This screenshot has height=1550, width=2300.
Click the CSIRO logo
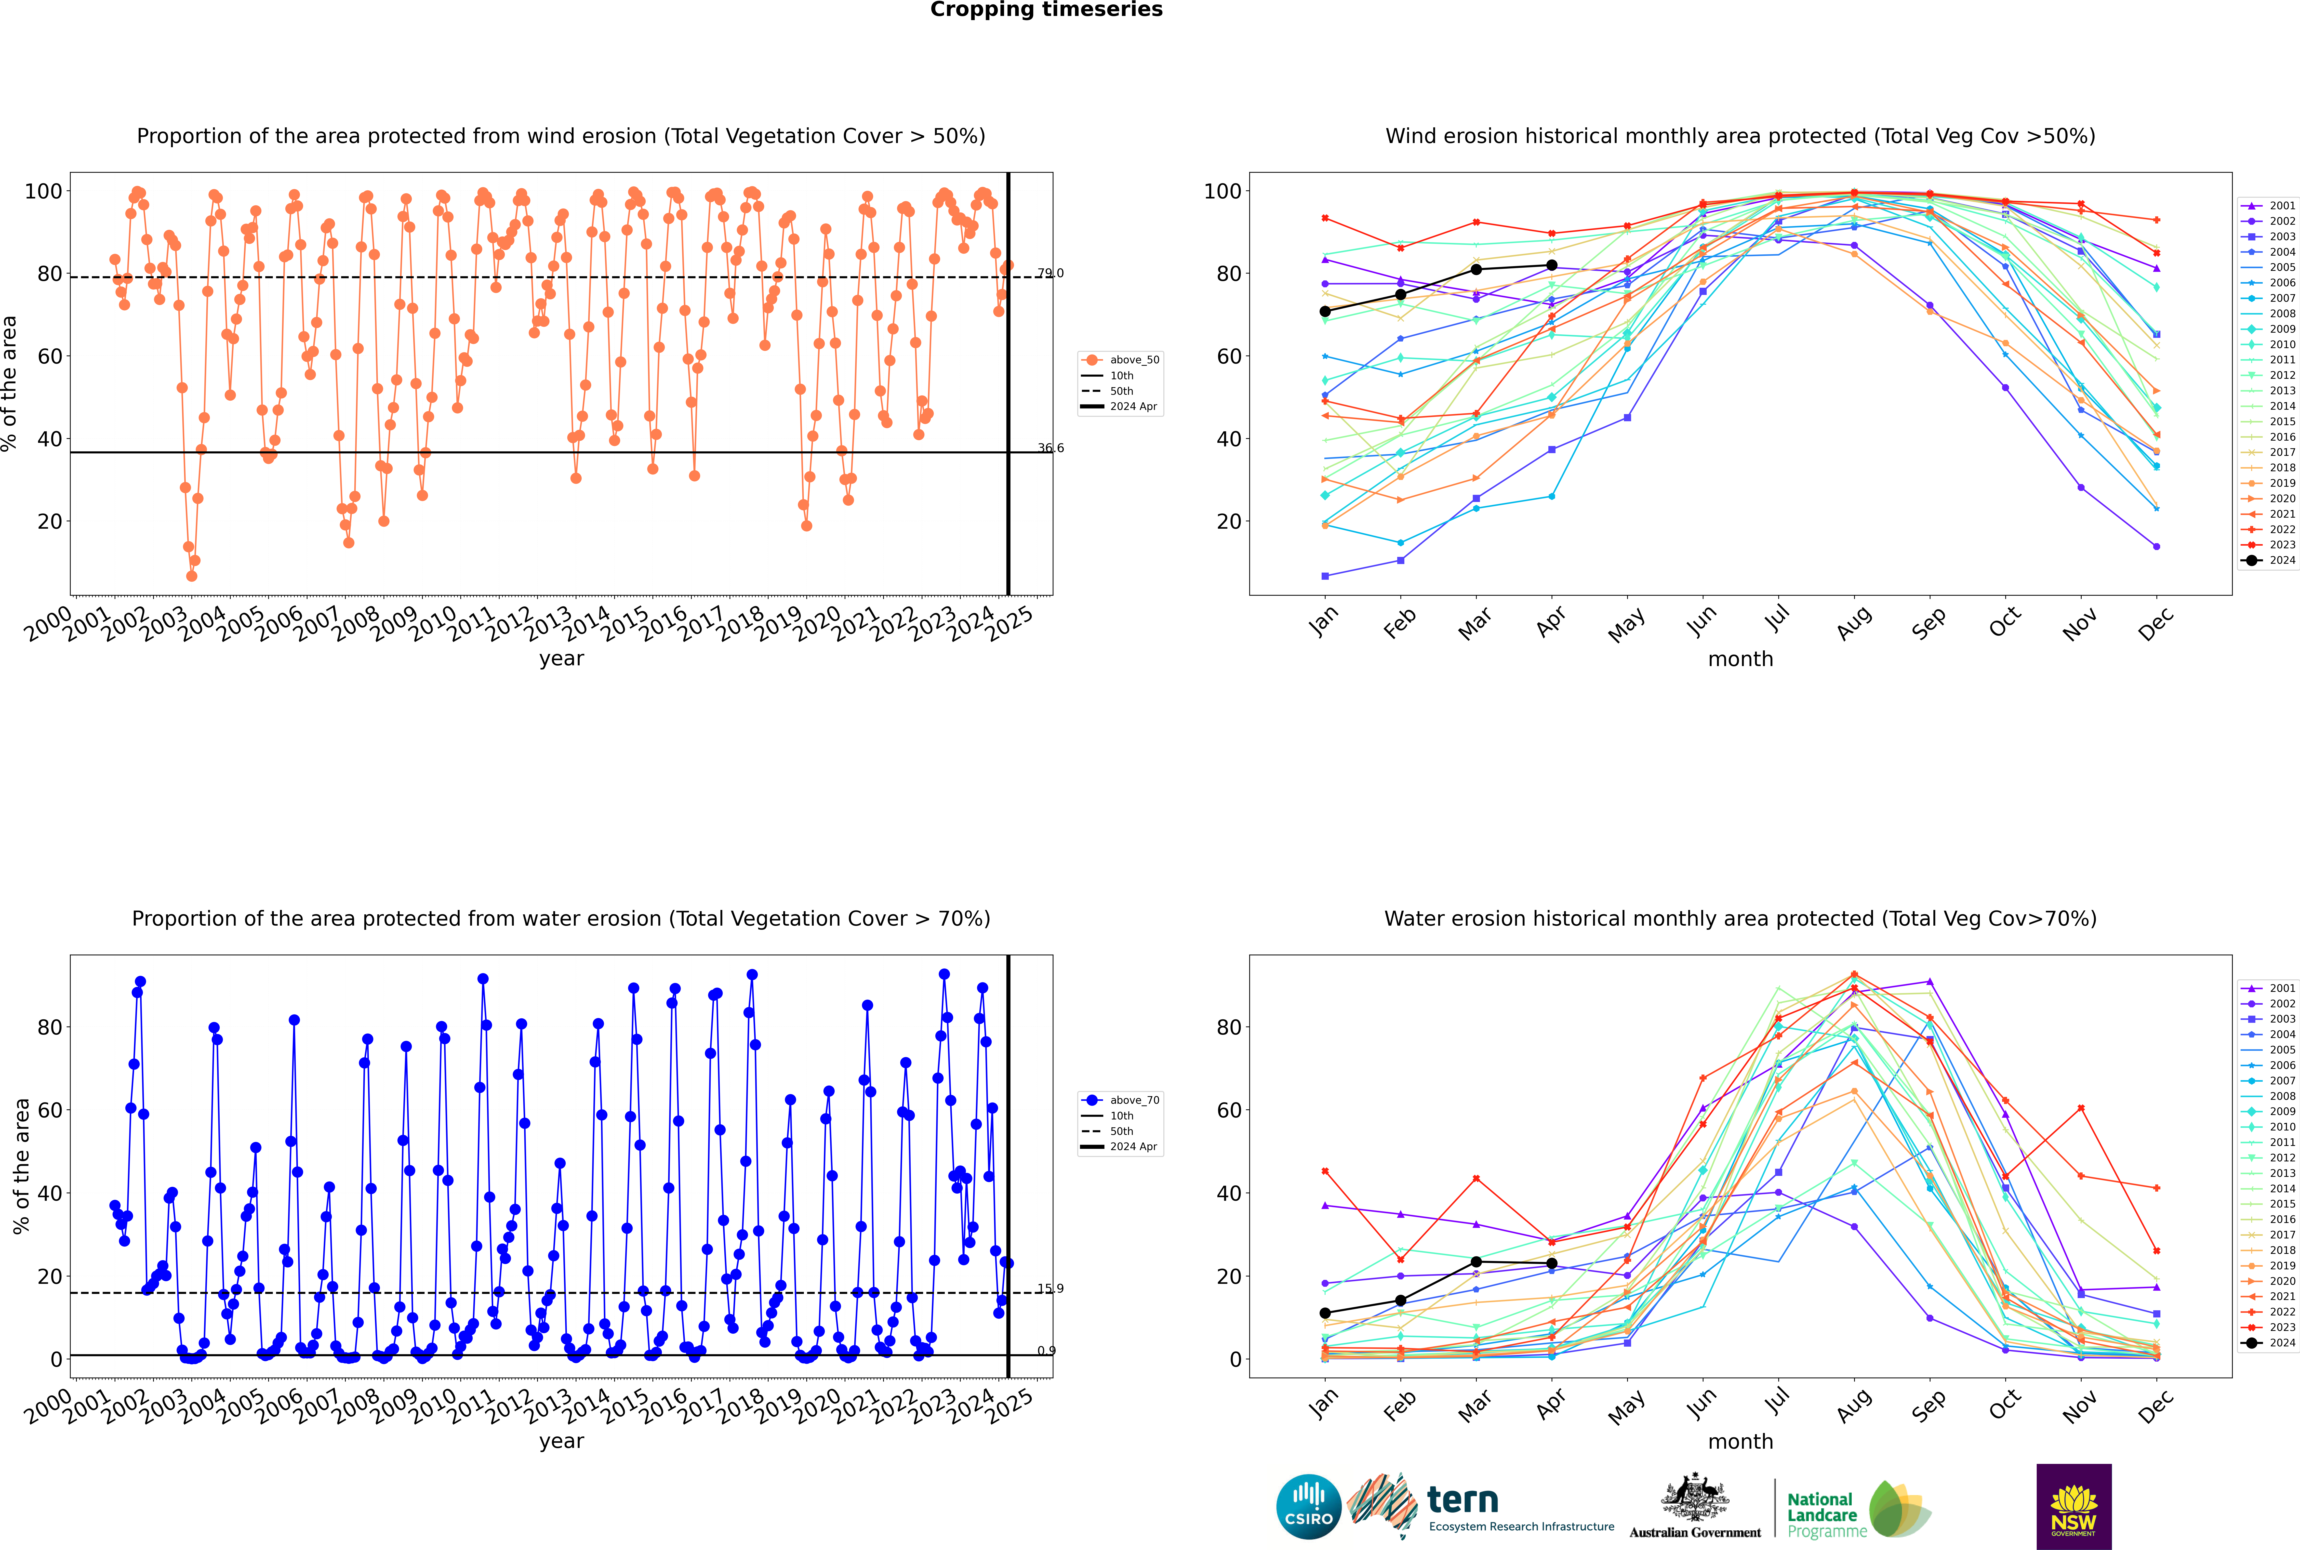pyautogui.click(x=1308, y=1507)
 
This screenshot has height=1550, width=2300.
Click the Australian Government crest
pyautogui.click(x=1695, y=1505)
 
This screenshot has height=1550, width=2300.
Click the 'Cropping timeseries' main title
pyautogui.click(x=1046, y=10)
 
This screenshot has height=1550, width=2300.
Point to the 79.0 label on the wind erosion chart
pyautogui.click(x=1050, y=273)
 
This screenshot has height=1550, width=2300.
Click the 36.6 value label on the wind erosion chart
pyautogui.click(x=1050, y=448)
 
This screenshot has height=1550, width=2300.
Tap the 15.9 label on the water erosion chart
pyautogui.click(x=1050, y=1288)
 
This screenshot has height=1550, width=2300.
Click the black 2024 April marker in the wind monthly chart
pyautogui.click(x=1552, y=265)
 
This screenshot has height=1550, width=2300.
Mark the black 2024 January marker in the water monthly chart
pyautogui.click(x=1325, y=1313)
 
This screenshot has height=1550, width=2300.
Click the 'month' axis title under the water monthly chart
pyautogui.click(x=1740, y=1441)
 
